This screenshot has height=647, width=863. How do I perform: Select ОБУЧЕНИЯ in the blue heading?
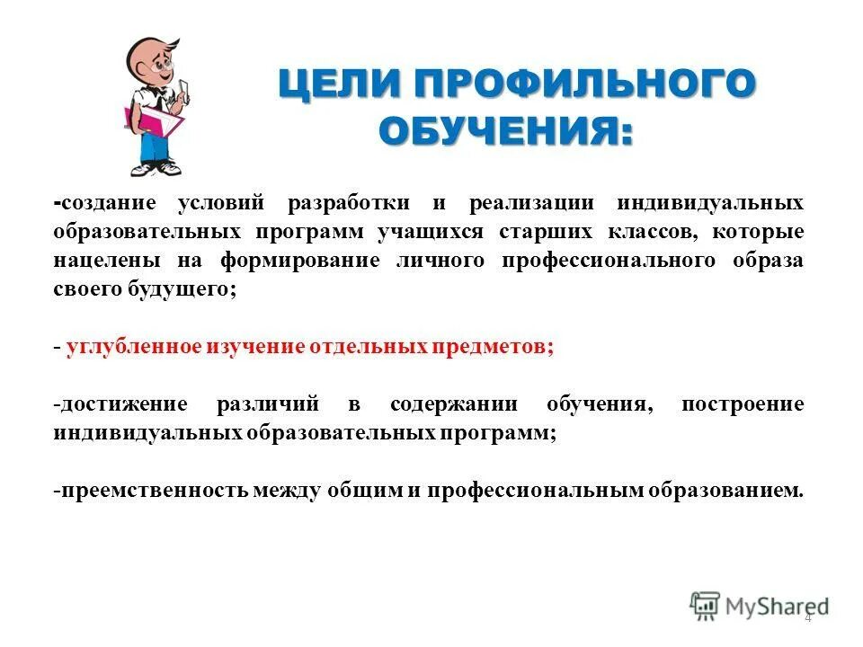(505, 133)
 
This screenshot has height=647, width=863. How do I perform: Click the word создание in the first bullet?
(110, 204)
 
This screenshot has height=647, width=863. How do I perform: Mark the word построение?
(743, 404)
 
